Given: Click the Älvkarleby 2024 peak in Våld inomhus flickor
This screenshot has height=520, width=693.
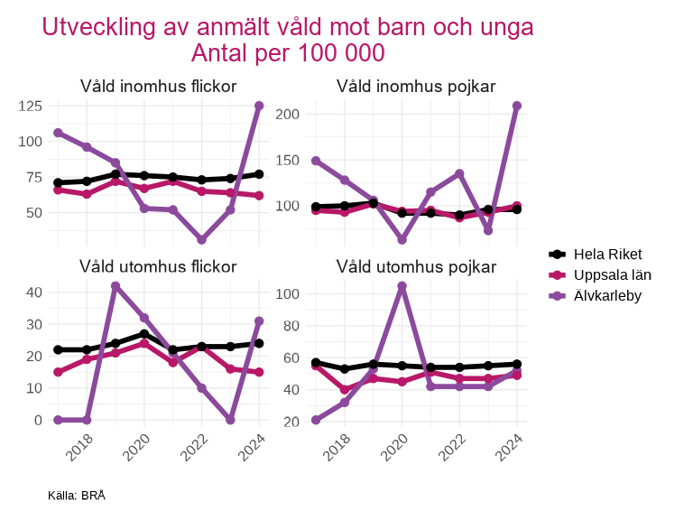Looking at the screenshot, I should click(x=259, y=106).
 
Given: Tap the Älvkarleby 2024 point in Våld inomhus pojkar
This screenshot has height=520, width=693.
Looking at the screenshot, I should click(x=517, y=106).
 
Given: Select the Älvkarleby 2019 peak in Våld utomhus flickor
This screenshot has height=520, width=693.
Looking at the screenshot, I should click(x=115, y=285).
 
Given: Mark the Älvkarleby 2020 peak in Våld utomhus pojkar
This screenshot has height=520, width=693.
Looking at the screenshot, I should click(x=402, y=285).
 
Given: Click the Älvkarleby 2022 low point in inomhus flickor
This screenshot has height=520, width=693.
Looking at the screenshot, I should click(x=202, y=240).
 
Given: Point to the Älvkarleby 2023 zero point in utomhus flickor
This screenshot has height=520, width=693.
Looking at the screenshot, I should click(x=231, y=420).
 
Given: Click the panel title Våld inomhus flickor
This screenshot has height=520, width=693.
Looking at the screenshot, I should click(x=158, y=87).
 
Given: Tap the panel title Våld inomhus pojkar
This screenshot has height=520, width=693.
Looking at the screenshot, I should click(x=416, y=87).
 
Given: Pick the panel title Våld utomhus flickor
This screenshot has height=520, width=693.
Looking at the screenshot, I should click(x=158, y=266).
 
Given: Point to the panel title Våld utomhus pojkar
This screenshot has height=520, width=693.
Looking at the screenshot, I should click(x=416, y=266).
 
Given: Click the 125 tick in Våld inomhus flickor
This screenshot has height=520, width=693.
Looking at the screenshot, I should click(x=30, y=107).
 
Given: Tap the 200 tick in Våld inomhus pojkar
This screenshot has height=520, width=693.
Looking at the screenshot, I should click(x=288, y=115).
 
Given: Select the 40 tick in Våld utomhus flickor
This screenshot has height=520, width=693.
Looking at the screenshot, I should click(x=34, y=292).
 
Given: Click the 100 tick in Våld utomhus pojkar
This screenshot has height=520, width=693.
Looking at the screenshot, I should click(x=288, y=294).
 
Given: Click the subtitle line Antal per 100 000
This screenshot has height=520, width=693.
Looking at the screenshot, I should click(x=288, y=52).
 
